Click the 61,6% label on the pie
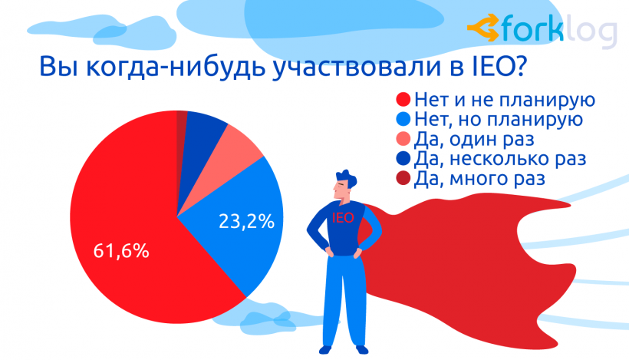pos(121,250)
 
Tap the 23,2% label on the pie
pos(247,223)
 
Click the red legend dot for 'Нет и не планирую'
pos(401,101)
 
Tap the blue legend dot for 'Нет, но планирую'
pos(401,121)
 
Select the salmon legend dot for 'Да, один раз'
pos(401,140)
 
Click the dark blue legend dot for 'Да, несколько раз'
pos(401,160)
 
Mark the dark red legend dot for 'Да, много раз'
pos(401,180)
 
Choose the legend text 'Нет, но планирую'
pos(496,121)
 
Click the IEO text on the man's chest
pos(343,218)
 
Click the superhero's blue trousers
pos(341,307)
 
